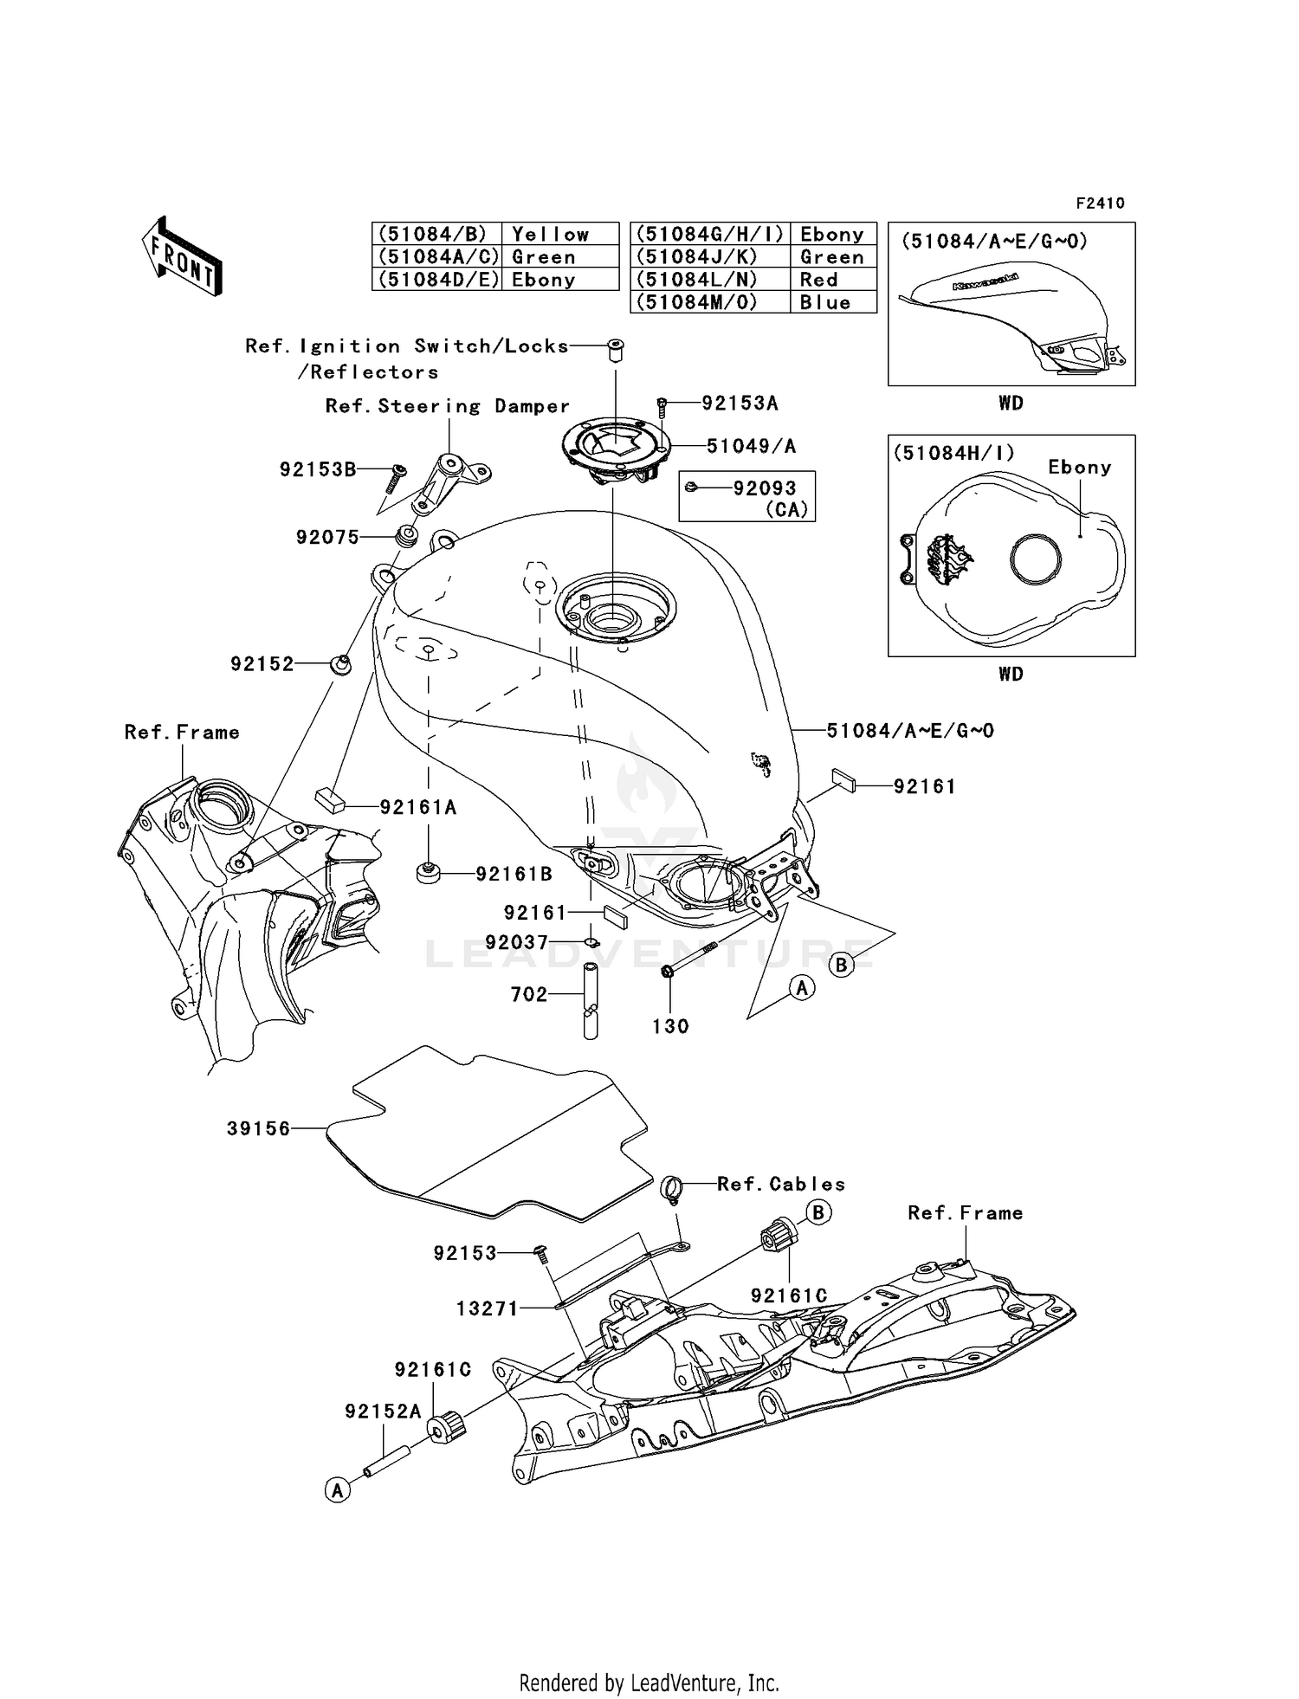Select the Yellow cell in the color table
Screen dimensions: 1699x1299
(551, 235)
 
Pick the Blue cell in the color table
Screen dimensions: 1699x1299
(825, 302)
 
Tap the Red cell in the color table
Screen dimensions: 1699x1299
(819, 280)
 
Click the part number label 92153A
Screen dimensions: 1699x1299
(740, 403)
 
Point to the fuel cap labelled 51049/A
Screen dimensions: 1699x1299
(616, 447)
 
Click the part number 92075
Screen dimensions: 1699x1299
(327, 537)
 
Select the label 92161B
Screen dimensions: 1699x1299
(514, 875)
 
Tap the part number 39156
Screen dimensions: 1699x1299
(258, 1128)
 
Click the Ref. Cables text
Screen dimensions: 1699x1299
(781, 1184)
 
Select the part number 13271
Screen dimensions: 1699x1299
(488, 1308)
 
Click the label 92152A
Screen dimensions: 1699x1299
(383, 1412)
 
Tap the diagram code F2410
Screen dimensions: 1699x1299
(1100, 203)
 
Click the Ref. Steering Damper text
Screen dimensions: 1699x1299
(447, 406)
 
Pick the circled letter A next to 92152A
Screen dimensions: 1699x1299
(337, 1490)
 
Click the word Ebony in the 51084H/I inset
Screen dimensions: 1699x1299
(1079, 467)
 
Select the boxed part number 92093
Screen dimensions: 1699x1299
(764, 488)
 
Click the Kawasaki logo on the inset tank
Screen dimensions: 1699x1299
(986, 281)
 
